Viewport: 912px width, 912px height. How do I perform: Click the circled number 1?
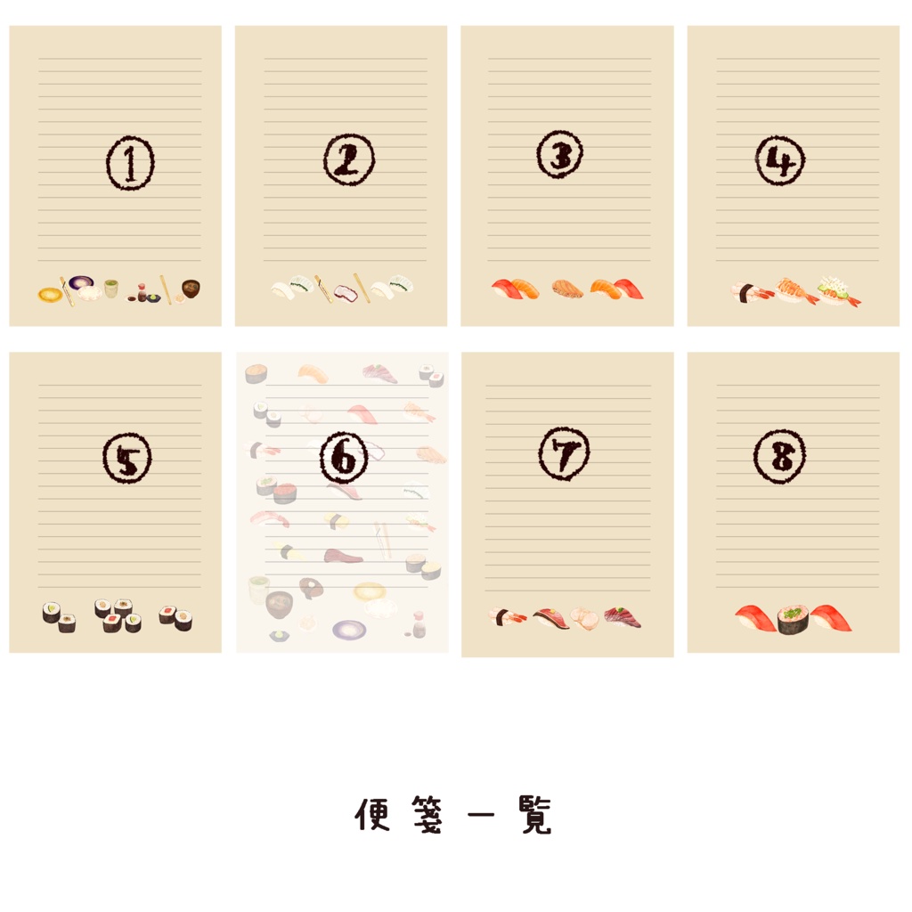pos(130,163)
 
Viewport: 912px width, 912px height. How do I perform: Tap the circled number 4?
pos(780,160)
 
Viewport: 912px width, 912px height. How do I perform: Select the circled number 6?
pos(344,458)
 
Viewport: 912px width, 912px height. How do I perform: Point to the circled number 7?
pos(564,453)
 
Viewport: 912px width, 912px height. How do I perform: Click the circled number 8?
pos(779,457)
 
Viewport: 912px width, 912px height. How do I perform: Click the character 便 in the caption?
pos(372,814)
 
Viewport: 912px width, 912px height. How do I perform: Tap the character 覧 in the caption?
pos(536,815)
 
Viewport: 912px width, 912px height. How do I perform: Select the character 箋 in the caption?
pos(427,814)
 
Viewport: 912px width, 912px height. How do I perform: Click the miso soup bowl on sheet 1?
pos(191,289)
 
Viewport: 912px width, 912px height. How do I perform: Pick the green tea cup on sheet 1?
pos(111,288)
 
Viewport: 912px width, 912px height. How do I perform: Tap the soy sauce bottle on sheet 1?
pos(142,292)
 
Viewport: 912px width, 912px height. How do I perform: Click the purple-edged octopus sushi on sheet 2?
pos(345,293)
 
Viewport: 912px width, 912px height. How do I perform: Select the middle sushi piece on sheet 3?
pos(567,289)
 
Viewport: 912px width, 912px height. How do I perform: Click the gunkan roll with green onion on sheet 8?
pos(793,620)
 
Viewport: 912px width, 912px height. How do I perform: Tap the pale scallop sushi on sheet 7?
pos(583,618)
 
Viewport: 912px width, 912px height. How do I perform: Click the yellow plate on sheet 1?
pos(50,295)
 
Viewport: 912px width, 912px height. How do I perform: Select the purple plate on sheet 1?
pos(81,283)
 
